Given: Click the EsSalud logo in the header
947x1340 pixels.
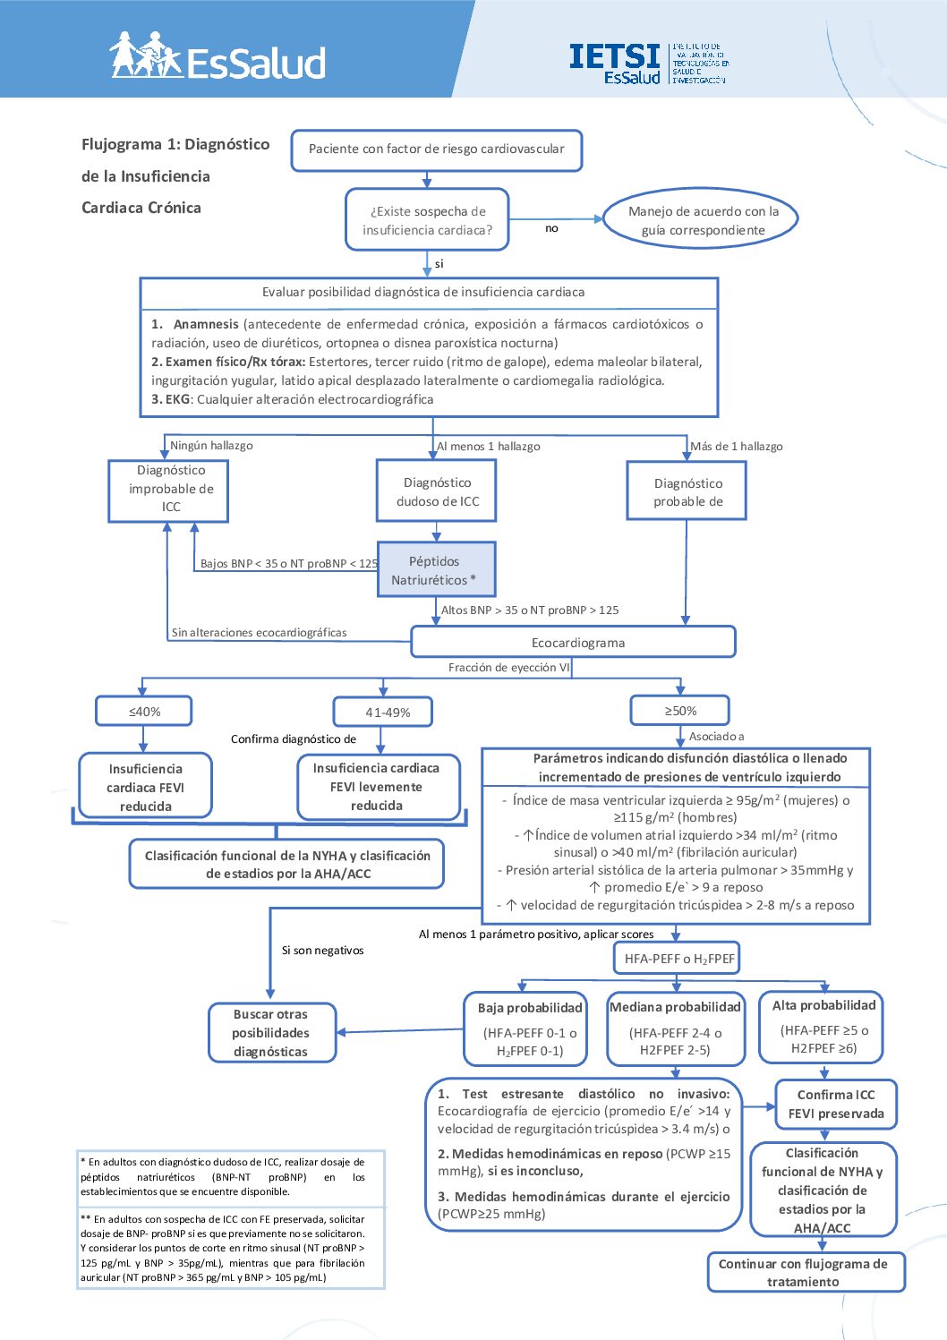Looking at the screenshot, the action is point(218,55).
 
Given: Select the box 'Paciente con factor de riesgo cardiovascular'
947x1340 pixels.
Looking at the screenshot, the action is point(437,150).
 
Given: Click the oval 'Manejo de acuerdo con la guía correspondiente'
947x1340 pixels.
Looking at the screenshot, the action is point(701,220).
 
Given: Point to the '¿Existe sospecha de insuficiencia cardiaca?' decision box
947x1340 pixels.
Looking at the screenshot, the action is point(427,219).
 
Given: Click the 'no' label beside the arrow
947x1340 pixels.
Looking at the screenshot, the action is point(551,228).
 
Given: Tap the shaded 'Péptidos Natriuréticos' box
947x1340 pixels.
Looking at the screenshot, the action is point(436,569).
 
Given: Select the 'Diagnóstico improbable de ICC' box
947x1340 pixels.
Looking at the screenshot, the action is point(168,491).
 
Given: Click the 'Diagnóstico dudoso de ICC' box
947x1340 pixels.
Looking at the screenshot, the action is point(436,491).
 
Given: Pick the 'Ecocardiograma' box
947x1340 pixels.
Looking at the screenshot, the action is point(573,642).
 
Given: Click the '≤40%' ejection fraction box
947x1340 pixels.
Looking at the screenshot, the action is point(143,712).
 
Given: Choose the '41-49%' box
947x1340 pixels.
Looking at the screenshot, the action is point(383,712).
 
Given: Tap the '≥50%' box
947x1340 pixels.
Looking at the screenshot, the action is point(679,711).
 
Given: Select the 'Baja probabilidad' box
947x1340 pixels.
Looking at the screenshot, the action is point(525,1028).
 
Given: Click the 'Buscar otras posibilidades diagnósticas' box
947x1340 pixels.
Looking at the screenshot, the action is point(272,1032).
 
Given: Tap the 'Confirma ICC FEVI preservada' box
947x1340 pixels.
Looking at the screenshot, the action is point(836,1105).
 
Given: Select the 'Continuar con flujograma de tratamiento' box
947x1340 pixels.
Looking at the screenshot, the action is point(806,1272).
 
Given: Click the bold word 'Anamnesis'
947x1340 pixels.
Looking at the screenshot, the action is point(206,324).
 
